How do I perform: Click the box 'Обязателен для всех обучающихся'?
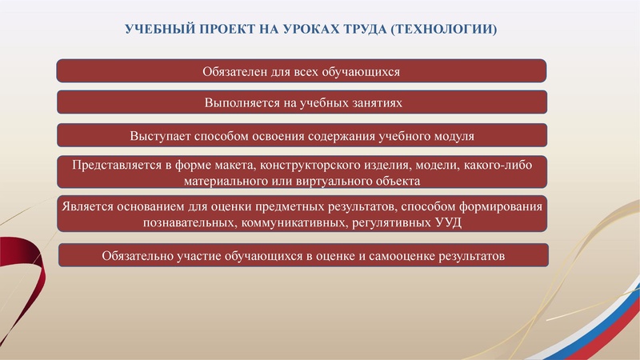[x=302, y=71]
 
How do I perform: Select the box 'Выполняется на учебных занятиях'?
[x=302, y=103]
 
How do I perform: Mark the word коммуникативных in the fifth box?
[x=294, y=223]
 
